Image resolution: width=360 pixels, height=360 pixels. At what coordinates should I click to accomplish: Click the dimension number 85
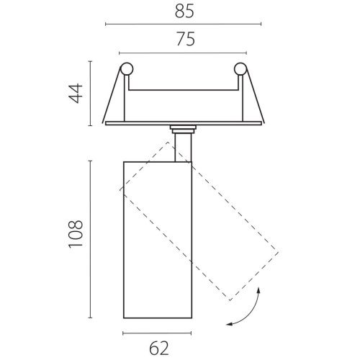184,12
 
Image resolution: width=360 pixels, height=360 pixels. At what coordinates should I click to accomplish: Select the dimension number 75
186,39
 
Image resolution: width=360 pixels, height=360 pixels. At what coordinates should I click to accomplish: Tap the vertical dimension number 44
76,94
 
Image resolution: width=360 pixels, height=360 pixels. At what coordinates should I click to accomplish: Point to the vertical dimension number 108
76,233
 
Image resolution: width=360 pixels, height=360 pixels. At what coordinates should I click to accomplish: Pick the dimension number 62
159,348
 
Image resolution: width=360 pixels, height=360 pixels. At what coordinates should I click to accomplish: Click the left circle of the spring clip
127,69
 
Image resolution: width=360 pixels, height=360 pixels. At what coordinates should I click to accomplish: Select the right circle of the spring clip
240,69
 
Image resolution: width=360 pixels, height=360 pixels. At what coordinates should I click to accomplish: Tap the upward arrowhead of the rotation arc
258,290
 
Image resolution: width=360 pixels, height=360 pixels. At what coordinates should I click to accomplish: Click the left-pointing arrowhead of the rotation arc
230,324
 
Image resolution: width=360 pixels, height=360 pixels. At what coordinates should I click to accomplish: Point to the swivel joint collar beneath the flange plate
183,130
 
